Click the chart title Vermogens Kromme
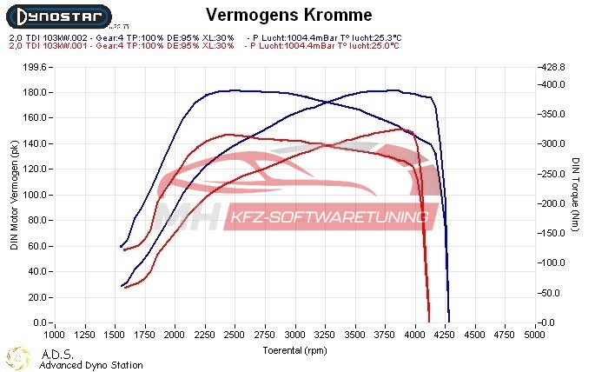(289, 15)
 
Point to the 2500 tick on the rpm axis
(235, 333)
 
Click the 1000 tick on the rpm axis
(55, 333)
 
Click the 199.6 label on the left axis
(33, 67)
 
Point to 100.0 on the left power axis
(33, 195)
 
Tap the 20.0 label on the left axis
(35, 297)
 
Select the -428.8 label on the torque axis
(552, 67)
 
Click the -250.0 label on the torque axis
(552, 174)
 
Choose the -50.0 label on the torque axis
(552, 293)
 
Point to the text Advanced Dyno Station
(90, 365)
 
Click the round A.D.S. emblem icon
(17, 357)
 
